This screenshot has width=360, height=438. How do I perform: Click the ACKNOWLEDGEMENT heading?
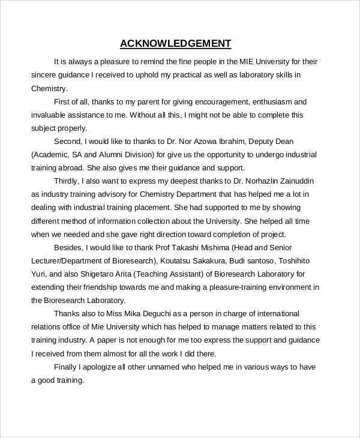[175, 43]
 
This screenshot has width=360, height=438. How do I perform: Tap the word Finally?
[66, 367]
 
